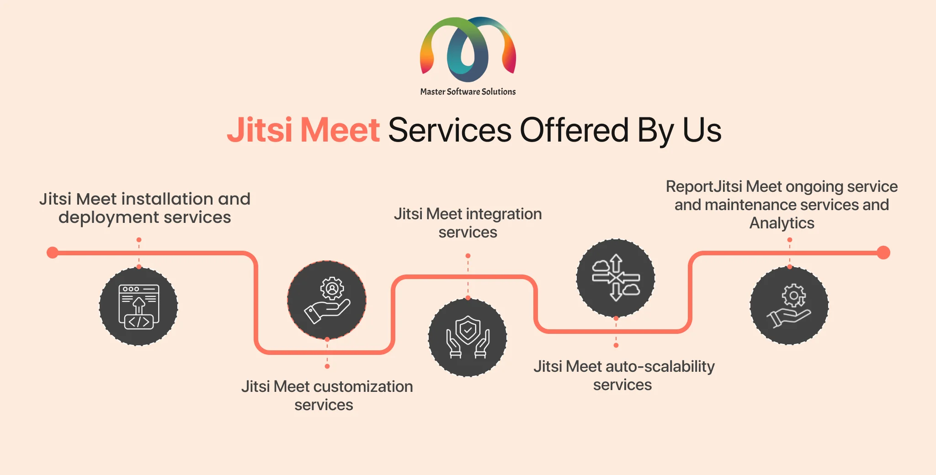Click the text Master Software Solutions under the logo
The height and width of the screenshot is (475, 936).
click(468, 92)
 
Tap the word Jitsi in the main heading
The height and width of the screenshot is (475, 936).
click(259, 130)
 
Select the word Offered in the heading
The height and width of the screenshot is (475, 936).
click(574, 130)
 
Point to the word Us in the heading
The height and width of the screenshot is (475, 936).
click(702, 130)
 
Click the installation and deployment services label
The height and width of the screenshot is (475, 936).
click(145, 208)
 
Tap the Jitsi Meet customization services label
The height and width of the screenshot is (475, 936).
click(327, 396)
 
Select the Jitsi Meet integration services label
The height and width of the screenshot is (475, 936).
click(468, 223)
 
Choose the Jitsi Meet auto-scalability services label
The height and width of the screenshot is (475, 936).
click(624, 375)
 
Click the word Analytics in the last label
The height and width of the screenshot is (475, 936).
click(782, 223)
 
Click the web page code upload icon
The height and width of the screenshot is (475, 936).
click(139, 306)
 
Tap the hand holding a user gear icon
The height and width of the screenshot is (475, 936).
click(327, 300)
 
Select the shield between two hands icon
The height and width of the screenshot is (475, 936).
click(468, 337)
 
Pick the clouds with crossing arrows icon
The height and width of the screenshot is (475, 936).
click(616, 278)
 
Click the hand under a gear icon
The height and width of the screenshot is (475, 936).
click(789, 306)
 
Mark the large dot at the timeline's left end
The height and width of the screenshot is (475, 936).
click(53, 253)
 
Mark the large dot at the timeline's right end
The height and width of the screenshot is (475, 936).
click(883, 253)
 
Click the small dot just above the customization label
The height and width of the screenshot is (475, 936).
click(327, 366)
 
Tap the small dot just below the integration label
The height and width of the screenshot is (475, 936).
click(468, 256)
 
